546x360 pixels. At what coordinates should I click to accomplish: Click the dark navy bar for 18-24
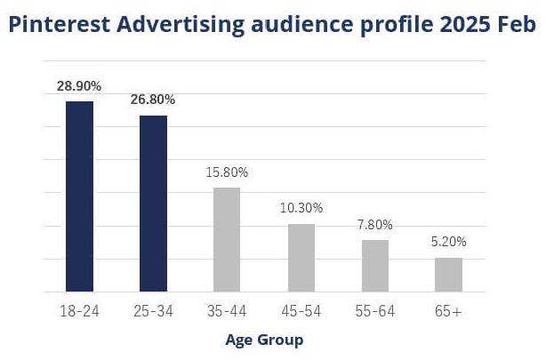point(79,196)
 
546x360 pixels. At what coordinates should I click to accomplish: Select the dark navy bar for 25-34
point(153,203)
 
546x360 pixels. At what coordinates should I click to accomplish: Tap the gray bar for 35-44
point(227,239)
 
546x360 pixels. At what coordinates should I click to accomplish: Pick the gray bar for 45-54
point(301,257)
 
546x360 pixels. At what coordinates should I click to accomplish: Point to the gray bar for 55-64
point(375,265)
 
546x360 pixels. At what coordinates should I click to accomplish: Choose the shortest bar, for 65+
point(448,274)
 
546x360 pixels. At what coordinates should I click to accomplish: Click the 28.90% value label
point(79,86)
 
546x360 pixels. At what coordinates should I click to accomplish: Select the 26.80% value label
point(153,100)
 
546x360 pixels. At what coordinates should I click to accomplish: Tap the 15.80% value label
point(228,172)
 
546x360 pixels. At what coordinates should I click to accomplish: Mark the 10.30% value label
point(301,208)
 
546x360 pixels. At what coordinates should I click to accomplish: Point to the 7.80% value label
point(375,225)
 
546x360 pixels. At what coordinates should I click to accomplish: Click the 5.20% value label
point(449,242)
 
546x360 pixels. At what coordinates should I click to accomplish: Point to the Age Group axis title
point(264,340)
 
